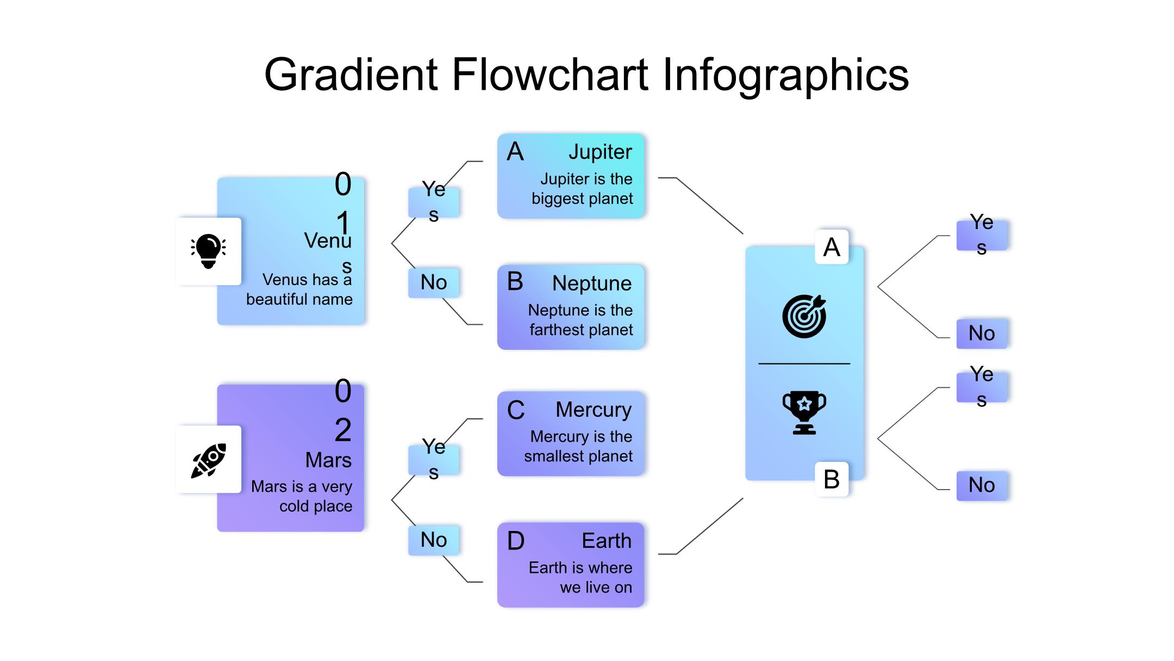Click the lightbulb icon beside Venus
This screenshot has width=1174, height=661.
(x=208, y=251)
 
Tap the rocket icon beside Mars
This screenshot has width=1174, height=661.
(x=208, y=460)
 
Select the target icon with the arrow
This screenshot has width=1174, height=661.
(x=804, y=316)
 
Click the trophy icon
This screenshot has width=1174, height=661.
(x=804, y=412)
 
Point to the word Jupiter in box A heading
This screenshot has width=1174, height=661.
(x=600, y=152)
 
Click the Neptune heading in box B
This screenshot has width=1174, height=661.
(x=591, y=283)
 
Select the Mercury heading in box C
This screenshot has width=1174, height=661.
(x=593, y=410)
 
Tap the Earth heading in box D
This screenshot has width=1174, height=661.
(x=607, y=541)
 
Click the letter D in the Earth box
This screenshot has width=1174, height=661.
(x=515, y=541)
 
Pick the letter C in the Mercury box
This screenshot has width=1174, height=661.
(x=515, y=410)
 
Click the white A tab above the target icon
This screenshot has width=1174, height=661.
(x=832, y=247)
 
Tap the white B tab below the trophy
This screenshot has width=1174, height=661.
(x=832, y=479)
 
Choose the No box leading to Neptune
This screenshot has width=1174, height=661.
(x=434, y=282)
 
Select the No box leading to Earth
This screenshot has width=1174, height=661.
(x=434, y=540)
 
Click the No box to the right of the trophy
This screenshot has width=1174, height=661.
(x=982, y=485)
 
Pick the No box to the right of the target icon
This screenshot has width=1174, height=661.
(x=982, y=333)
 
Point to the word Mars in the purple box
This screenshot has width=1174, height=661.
(x=328, y=460)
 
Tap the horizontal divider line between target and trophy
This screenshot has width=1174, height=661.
(x=804, y=363)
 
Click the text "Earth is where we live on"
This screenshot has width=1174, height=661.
(x=580, y=577)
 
